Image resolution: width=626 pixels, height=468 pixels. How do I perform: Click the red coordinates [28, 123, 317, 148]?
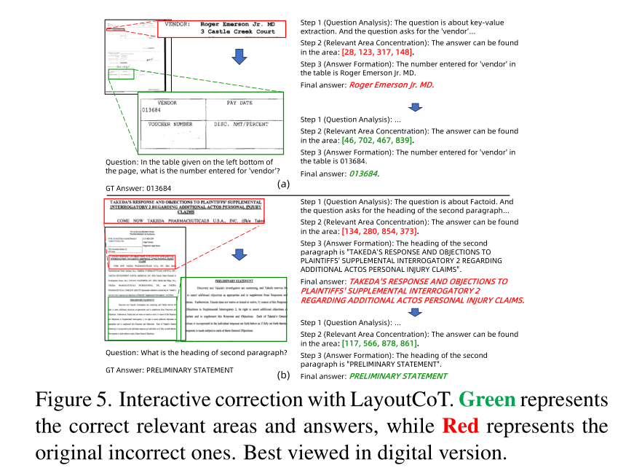(377, 52)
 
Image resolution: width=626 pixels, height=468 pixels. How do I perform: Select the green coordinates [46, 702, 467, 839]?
(377, 140)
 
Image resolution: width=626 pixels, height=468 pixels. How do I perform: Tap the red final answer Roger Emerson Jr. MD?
(391, 85)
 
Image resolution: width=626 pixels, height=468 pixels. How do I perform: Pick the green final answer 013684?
(364, 173)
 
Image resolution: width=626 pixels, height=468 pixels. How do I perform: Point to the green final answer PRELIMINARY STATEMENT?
(398, 376)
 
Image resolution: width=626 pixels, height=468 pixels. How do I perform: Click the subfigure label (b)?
(284, 375)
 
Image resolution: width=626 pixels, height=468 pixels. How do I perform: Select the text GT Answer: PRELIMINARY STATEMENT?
(170, 370)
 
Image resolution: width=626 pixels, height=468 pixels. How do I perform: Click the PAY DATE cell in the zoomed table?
(239, 104)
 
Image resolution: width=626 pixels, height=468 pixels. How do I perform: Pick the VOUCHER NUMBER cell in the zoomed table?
(170, 125)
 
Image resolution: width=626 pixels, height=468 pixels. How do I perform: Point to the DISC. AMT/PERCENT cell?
(242, 125)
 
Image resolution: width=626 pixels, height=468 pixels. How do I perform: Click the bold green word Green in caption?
(488, 400)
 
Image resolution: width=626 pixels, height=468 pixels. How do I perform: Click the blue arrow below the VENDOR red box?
(237, 57)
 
